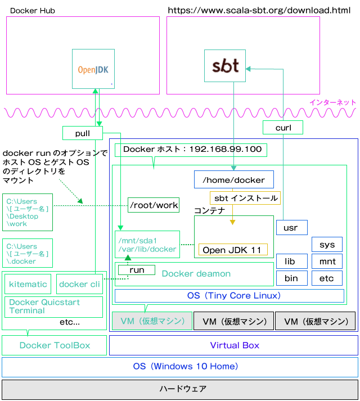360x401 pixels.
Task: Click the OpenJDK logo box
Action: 93,69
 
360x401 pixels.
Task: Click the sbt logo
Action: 225,66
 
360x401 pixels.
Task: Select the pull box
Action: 83,133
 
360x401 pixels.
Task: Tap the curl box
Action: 283,127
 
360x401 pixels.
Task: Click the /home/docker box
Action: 234,179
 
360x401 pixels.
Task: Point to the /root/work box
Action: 154,205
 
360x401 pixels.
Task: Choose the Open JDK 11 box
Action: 233,250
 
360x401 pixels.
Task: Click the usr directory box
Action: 292,227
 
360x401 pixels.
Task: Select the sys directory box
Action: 327,244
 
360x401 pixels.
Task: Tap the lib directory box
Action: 292,261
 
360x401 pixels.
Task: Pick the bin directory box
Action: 292,278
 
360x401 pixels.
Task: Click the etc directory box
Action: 327,278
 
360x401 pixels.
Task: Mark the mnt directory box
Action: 327,261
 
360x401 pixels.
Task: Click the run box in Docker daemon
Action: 137,270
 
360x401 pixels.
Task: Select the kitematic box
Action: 28,284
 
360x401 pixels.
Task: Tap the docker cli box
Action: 79,284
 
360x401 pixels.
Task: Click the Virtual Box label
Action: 235,345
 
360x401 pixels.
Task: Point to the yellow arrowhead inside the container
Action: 232,222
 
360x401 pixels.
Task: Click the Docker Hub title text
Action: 33,11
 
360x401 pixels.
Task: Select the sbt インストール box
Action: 245,198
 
